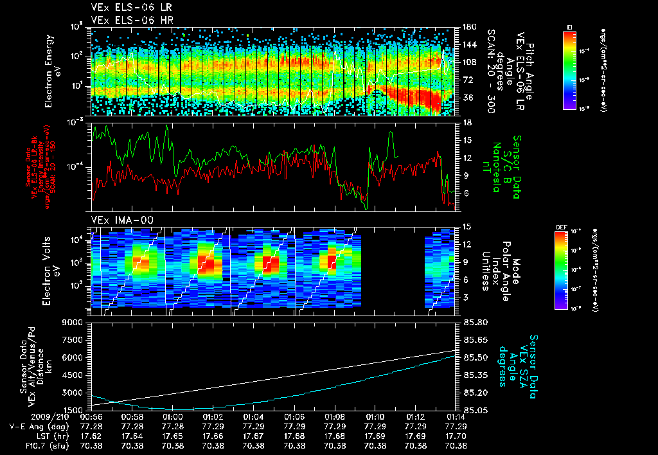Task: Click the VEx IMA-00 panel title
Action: click(x=118, y=220)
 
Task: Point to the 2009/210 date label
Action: click(x=22, y=417)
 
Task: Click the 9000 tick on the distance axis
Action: click(x=72, y=322)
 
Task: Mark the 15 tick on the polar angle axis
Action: click(x=467, y=227)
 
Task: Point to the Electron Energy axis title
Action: click(x=53, y=71)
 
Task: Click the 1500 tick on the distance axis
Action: click(x=73, y=409)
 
